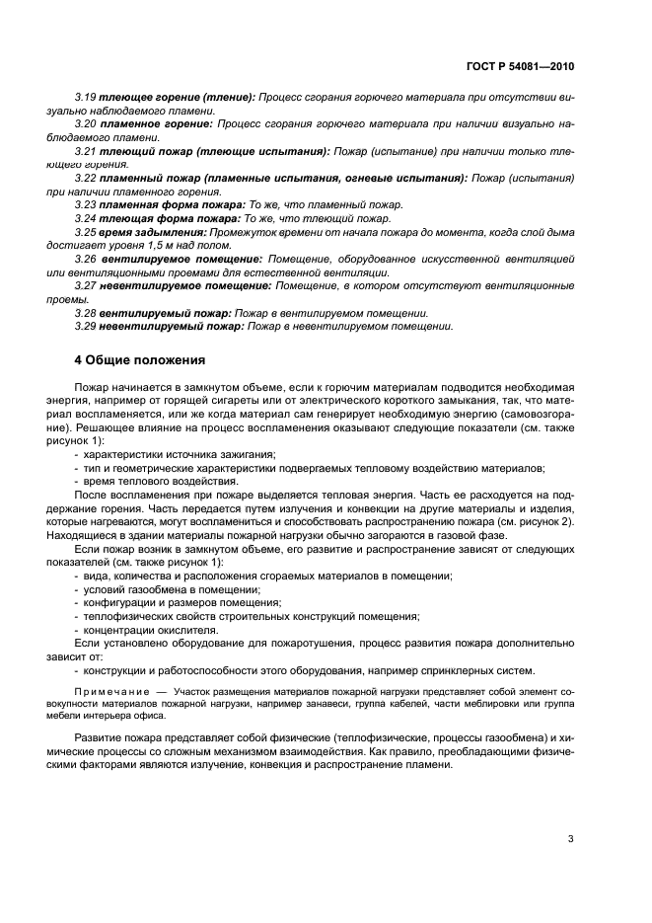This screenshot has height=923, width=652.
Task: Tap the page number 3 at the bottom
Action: tap(570, 839)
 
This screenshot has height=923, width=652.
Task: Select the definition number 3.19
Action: tap(87, 99)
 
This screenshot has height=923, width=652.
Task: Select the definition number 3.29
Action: tap(87, 327)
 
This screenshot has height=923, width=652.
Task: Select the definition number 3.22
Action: tap(87, 178)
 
